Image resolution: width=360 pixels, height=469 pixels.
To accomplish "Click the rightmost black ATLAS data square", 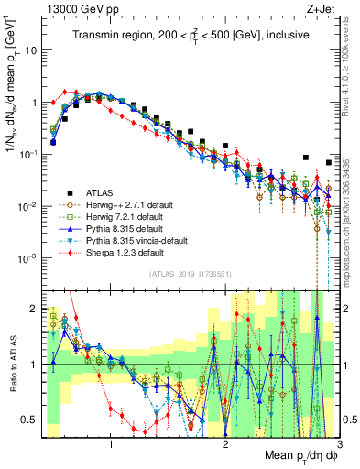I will coord(329,164).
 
